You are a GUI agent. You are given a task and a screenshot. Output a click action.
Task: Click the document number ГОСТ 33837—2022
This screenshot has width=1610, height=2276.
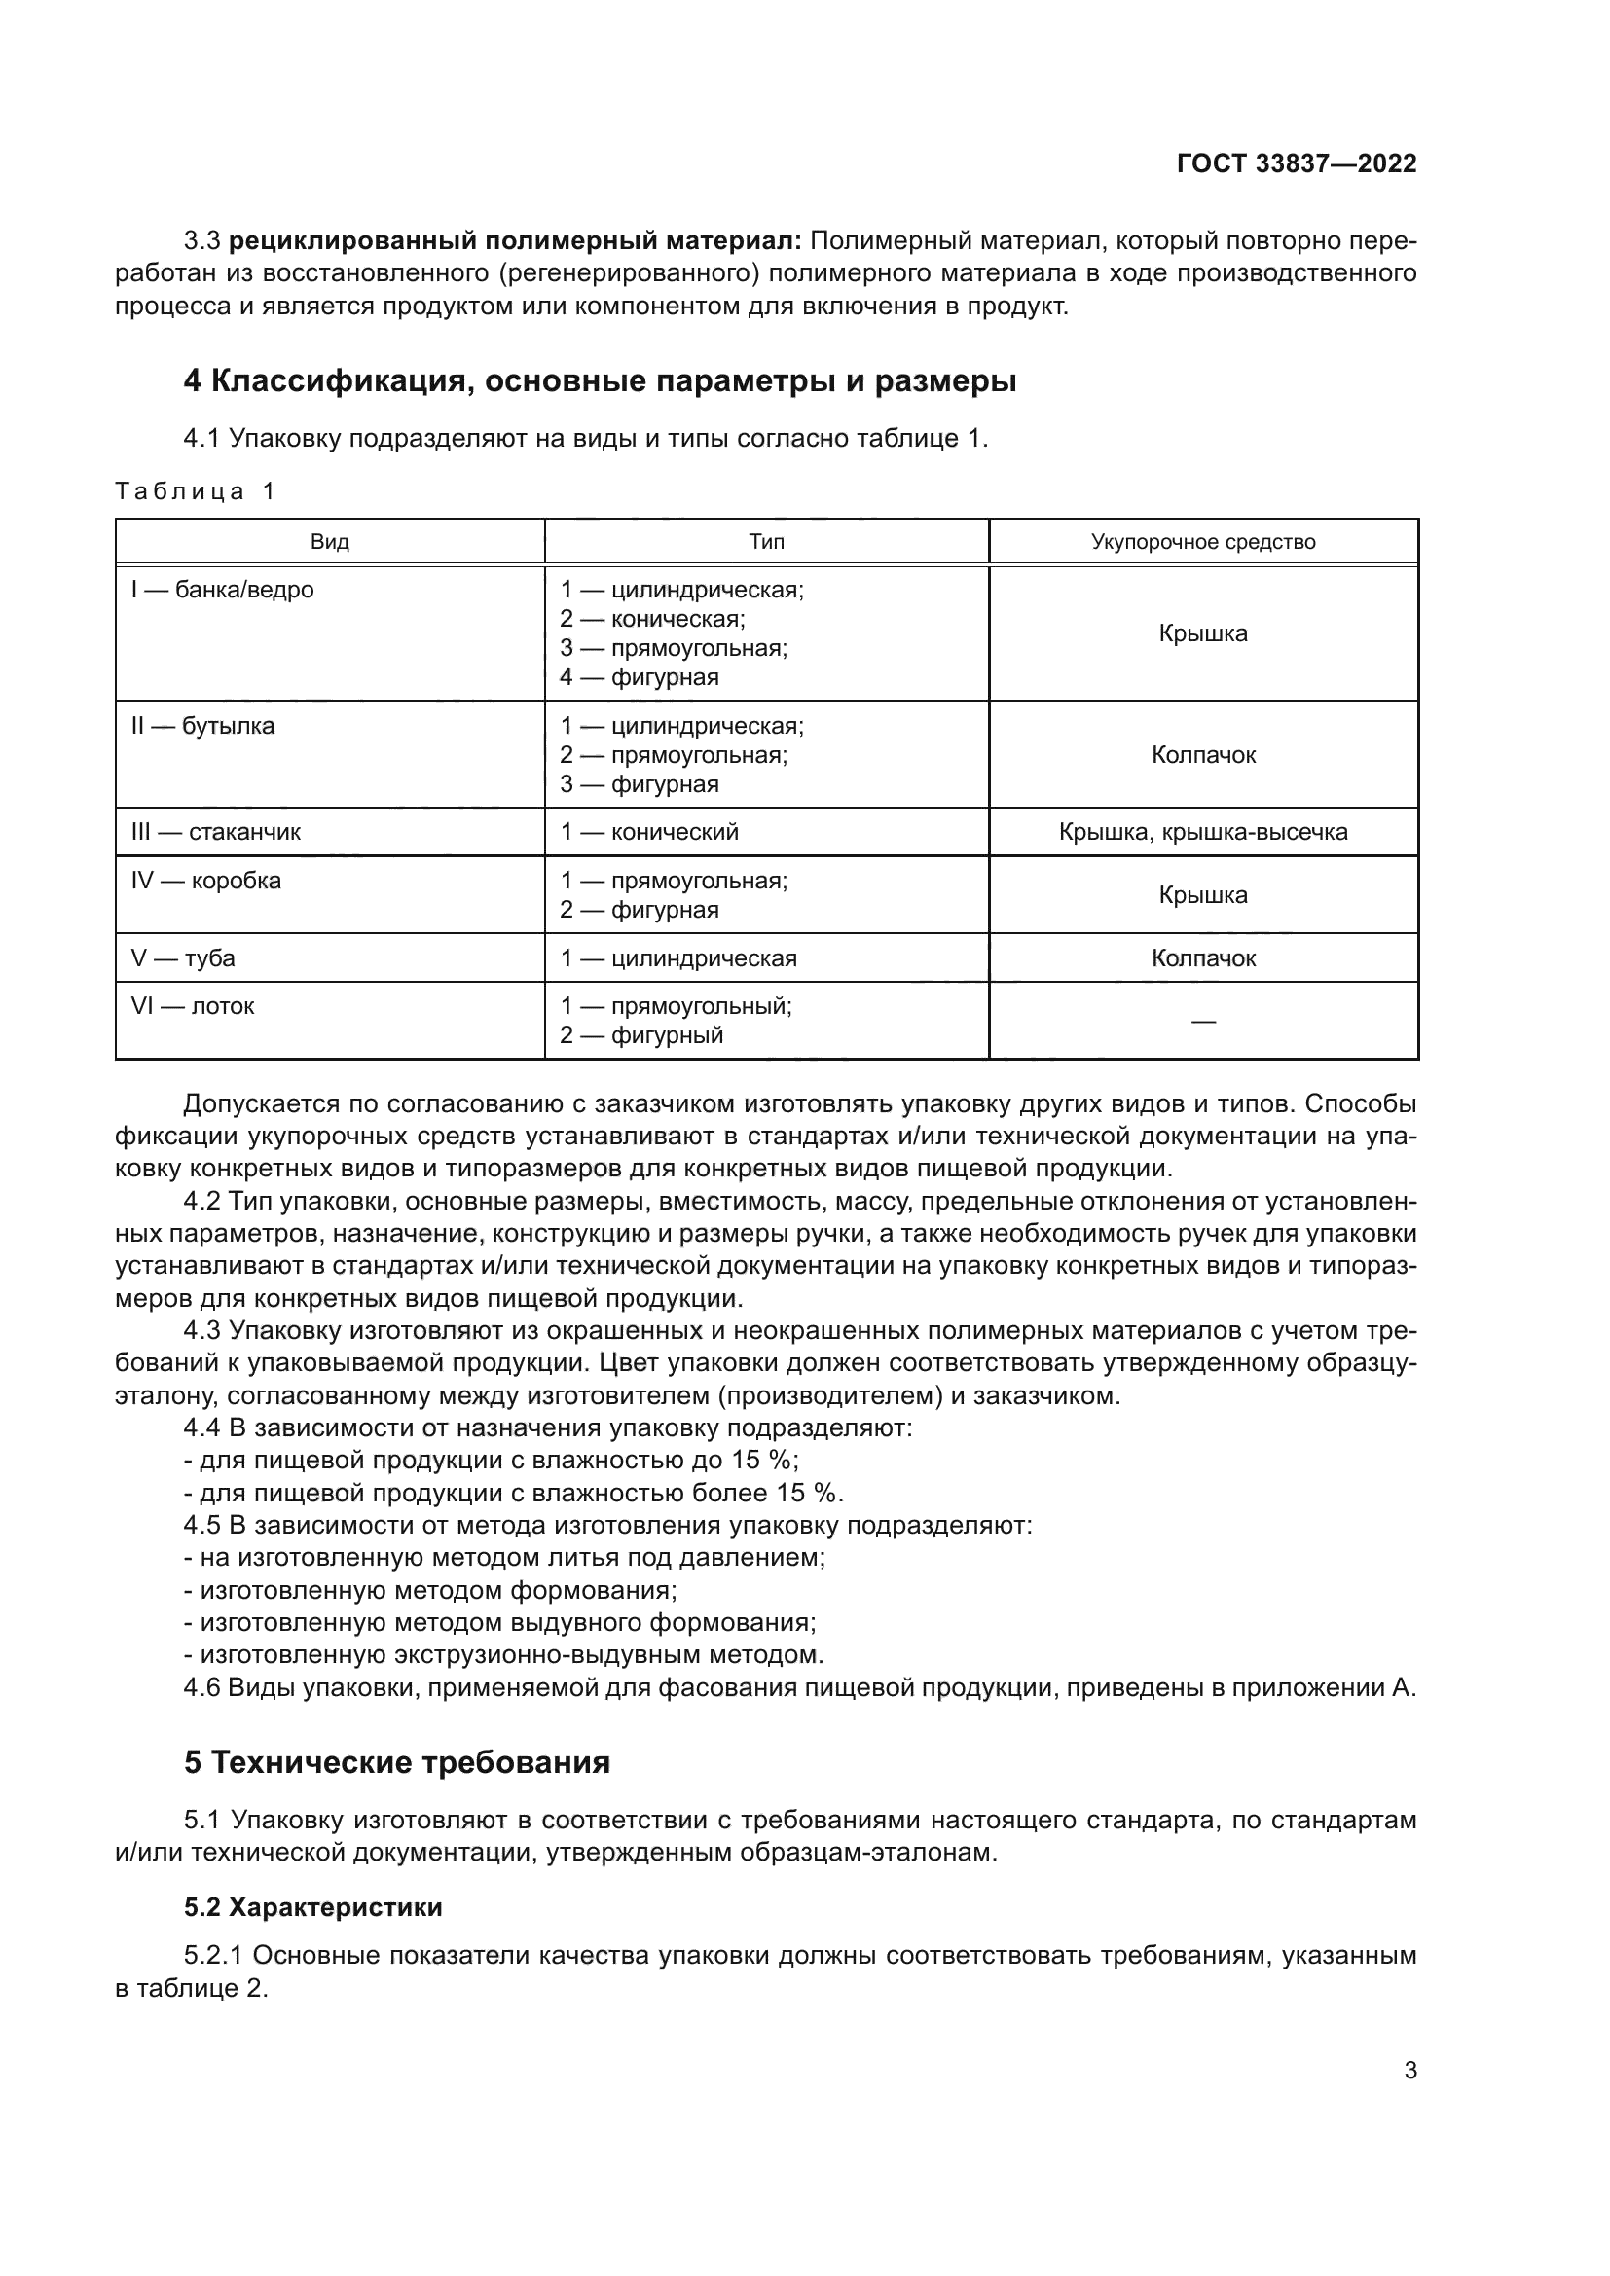[1296, 164]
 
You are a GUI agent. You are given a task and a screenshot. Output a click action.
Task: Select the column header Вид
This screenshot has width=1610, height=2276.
[329, 542]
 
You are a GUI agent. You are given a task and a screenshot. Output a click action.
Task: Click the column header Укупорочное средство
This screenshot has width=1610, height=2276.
[1202, 542]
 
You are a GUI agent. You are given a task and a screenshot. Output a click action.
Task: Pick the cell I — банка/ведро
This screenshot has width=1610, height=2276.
[222, 590]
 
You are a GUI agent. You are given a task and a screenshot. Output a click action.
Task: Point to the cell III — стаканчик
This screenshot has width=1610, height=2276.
[216, 832]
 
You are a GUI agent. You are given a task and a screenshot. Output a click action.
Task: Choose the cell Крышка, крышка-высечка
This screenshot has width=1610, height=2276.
[1202, 832]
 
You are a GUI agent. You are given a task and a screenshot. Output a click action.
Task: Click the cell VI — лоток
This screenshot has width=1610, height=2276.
[193, 1006]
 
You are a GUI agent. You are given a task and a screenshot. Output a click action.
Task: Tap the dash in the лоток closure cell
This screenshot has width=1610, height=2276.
[1202, 1022]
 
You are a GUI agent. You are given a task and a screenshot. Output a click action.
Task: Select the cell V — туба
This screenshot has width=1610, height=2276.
[183, 958]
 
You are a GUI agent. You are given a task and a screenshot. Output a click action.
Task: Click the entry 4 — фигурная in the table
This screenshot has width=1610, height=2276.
[640, 678]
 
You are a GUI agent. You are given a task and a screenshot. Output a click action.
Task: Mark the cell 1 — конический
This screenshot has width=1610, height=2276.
[649, 832]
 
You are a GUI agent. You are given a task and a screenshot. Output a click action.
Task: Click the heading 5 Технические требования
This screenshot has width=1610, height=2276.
[396, 1762]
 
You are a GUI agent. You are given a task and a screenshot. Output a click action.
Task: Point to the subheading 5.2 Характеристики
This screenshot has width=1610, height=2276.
[313, 1907]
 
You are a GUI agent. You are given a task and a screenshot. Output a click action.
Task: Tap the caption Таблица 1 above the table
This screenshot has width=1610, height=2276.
[196, 491]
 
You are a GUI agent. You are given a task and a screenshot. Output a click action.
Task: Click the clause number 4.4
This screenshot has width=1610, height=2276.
[203, 1428]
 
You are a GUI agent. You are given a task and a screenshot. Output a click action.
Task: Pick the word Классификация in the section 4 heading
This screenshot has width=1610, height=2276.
[338, 380]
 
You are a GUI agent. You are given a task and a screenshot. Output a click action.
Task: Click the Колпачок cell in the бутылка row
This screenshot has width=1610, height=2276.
[1202, 755]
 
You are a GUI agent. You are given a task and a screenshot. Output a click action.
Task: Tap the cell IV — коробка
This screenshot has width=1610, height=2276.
[206, 881]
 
